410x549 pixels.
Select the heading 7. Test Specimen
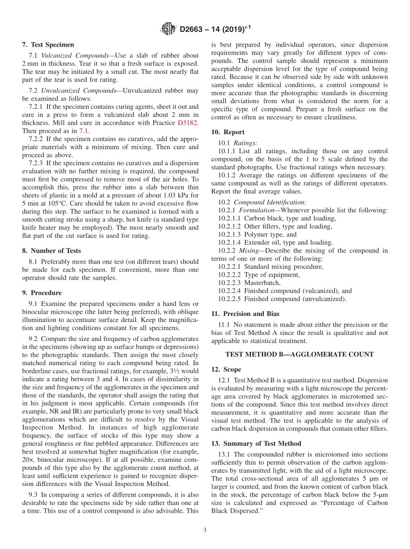pos(48,44)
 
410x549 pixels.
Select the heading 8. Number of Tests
pos(51,250)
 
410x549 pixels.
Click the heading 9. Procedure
pos(42,293)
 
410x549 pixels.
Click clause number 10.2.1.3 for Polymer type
pos(230,234)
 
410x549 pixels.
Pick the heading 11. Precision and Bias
pos(245,314)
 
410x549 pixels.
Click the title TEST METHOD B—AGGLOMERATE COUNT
pos(300,354)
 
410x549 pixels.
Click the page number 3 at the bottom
pos(205,530)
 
